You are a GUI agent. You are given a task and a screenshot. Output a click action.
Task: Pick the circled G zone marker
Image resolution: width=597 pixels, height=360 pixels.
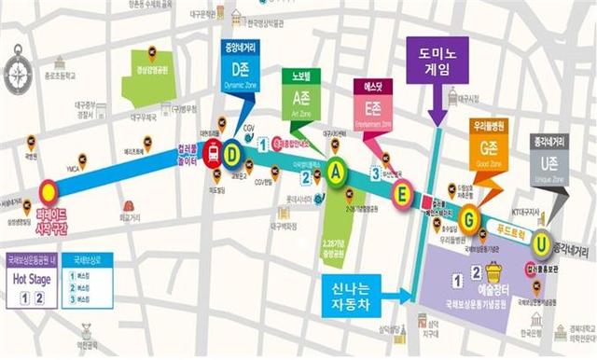[x=470, y=219]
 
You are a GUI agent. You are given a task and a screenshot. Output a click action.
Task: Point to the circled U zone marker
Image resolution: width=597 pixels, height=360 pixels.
[x=540, y=241]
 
